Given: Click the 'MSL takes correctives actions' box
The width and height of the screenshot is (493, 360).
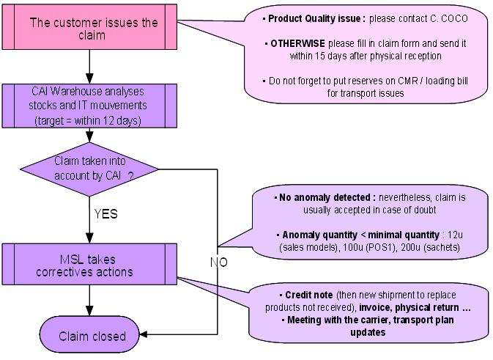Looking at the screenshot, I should point(89,265).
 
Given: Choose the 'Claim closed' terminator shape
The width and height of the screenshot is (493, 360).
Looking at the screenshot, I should point(89,337).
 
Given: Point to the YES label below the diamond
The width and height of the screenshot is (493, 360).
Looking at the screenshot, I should point(105,215).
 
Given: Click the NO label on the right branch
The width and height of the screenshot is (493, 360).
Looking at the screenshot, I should point(218,261).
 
